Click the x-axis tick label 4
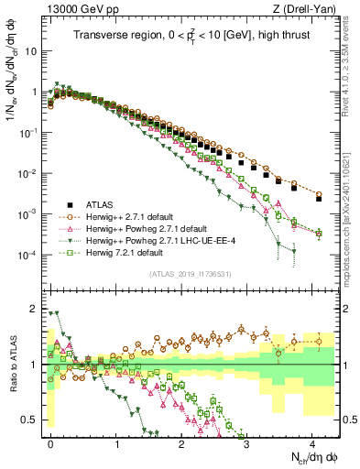(x=312, y=442)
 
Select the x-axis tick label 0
(x=51, y=442)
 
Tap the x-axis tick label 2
(x=181, y=442)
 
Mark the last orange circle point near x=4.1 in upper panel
(x=319, y=194)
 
